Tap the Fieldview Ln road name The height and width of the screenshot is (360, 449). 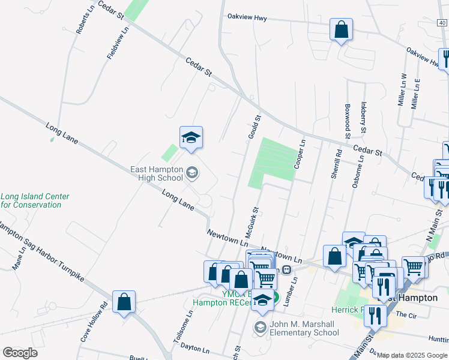[117, 43]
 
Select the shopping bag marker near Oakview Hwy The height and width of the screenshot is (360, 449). [341, 30]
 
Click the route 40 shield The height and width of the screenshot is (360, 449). [442, 23]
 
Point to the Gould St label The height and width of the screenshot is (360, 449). [255, 127]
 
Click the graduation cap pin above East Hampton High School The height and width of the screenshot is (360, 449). [191, 138]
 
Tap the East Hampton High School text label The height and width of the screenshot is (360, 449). [157, 173]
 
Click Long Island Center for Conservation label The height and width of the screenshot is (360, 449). [34, 200]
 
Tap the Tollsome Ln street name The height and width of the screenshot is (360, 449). [182, 326]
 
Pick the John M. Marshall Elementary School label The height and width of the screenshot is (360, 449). [304, 329]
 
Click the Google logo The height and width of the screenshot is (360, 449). [20, 353]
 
